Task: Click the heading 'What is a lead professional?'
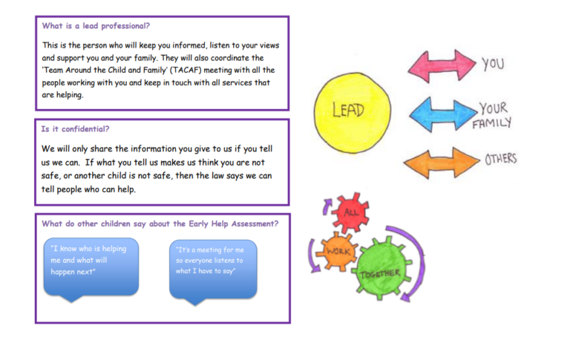(96, 26)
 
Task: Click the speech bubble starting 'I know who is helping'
(89, 266)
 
